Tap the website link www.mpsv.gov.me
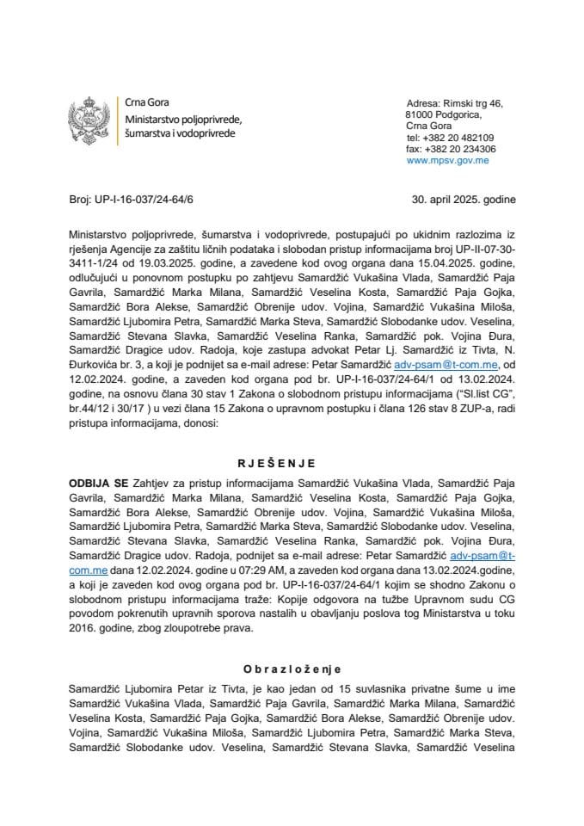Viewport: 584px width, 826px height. pyautogui.click(x=447, y=160)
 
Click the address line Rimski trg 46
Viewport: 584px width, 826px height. pyautogui.click(x=471, y=103)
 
